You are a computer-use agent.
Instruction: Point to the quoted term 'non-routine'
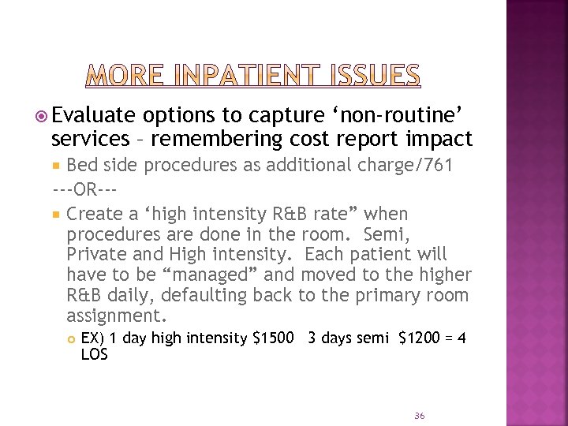pyautogui.click(x=405, y=115)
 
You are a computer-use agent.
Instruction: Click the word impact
pyautogui.click(x=445, y=139)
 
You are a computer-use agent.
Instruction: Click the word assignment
pyautogui.click(x=117, y=316)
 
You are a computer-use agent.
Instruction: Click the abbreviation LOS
pyautogui.click(x=94, y=355)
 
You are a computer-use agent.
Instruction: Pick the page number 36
pyautogui.click(x=419, y=415)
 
